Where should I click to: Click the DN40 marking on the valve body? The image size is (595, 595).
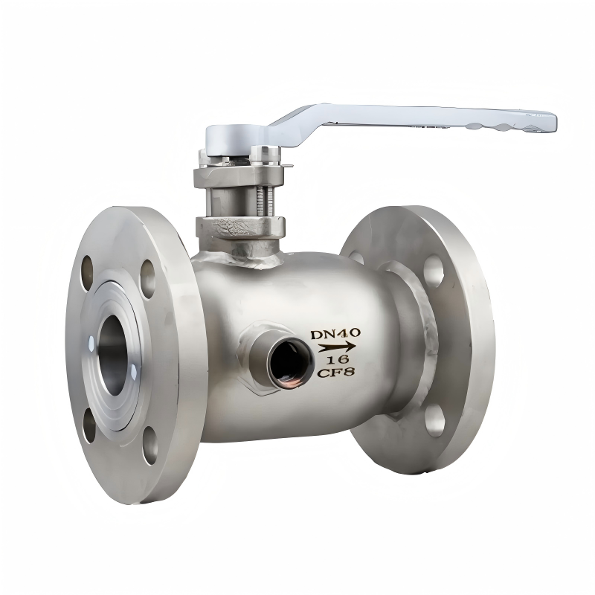pyautogui.click(x=335, y=334)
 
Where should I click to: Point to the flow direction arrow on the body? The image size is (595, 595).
pyautogui.click(x=337, y=347)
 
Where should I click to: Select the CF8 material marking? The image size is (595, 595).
pyautogui.click(x=336, y=373)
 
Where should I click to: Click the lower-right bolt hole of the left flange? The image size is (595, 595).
pyautogui.click(x=150, y=445)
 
